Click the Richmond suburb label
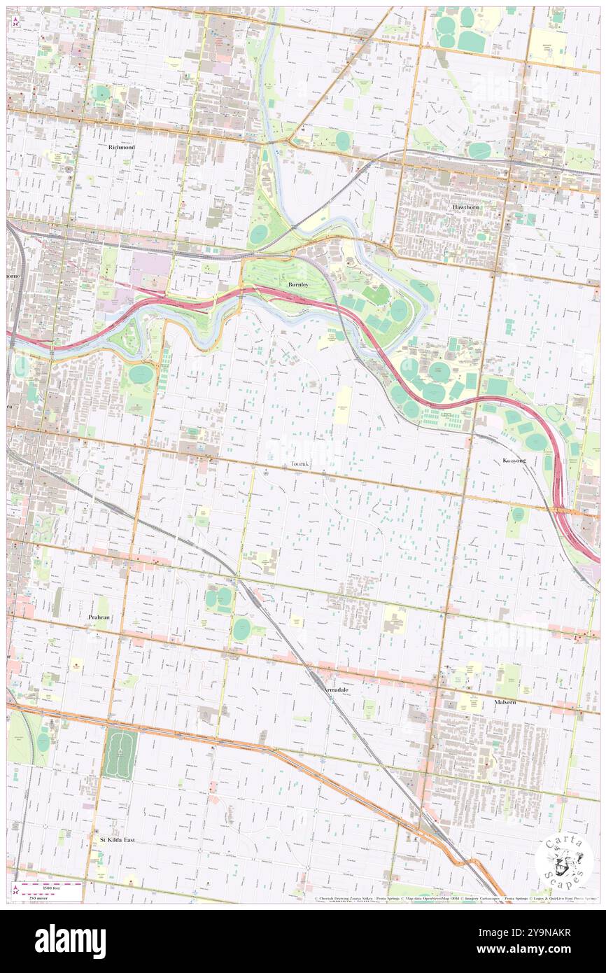[x=121, y=148]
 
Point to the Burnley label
[x=298, y=285]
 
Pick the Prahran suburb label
[x=100, y=617]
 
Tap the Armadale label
[x=337, y=689]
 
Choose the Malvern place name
[x=505, y=701]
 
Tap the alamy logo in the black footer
[x=70, y=941]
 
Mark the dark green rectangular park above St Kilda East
[x=120, y=753]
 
